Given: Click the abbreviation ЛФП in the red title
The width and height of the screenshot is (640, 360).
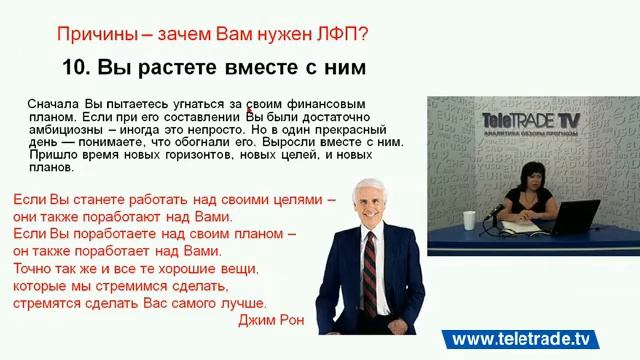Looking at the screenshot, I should point(341,34).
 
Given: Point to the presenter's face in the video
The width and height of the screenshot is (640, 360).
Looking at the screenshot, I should point(527,164).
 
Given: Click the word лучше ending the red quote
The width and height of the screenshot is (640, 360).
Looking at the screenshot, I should point(245,303).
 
